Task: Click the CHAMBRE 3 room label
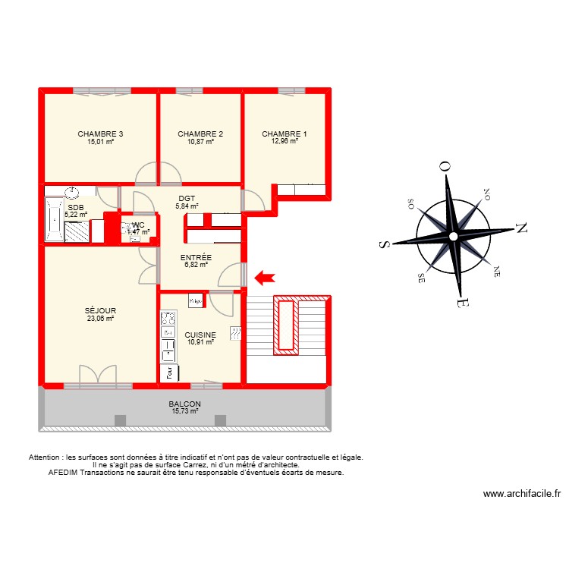pos(100,134)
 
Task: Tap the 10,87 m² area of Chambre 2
pos(200,142)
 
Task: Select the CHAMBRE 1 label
pos(284,134)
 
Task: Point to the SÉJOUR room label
pos(100,310)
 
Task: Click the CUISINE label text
pos(200,335)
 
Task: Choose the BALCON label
pos(184,404)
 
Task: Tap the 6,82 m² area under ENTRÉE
pos(196,266)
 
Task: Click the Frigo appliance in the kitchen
pos(195,301)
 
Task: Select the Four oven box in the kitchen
pos(169,373)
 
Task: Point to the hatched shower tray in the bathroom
pos(77,231)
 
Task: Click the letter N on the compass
pos(521,227)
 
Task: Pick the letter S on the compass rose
pos(384,244)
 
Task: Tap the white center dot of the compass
pos(452,237)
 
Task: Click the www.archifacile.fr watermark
pos(521,494)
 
